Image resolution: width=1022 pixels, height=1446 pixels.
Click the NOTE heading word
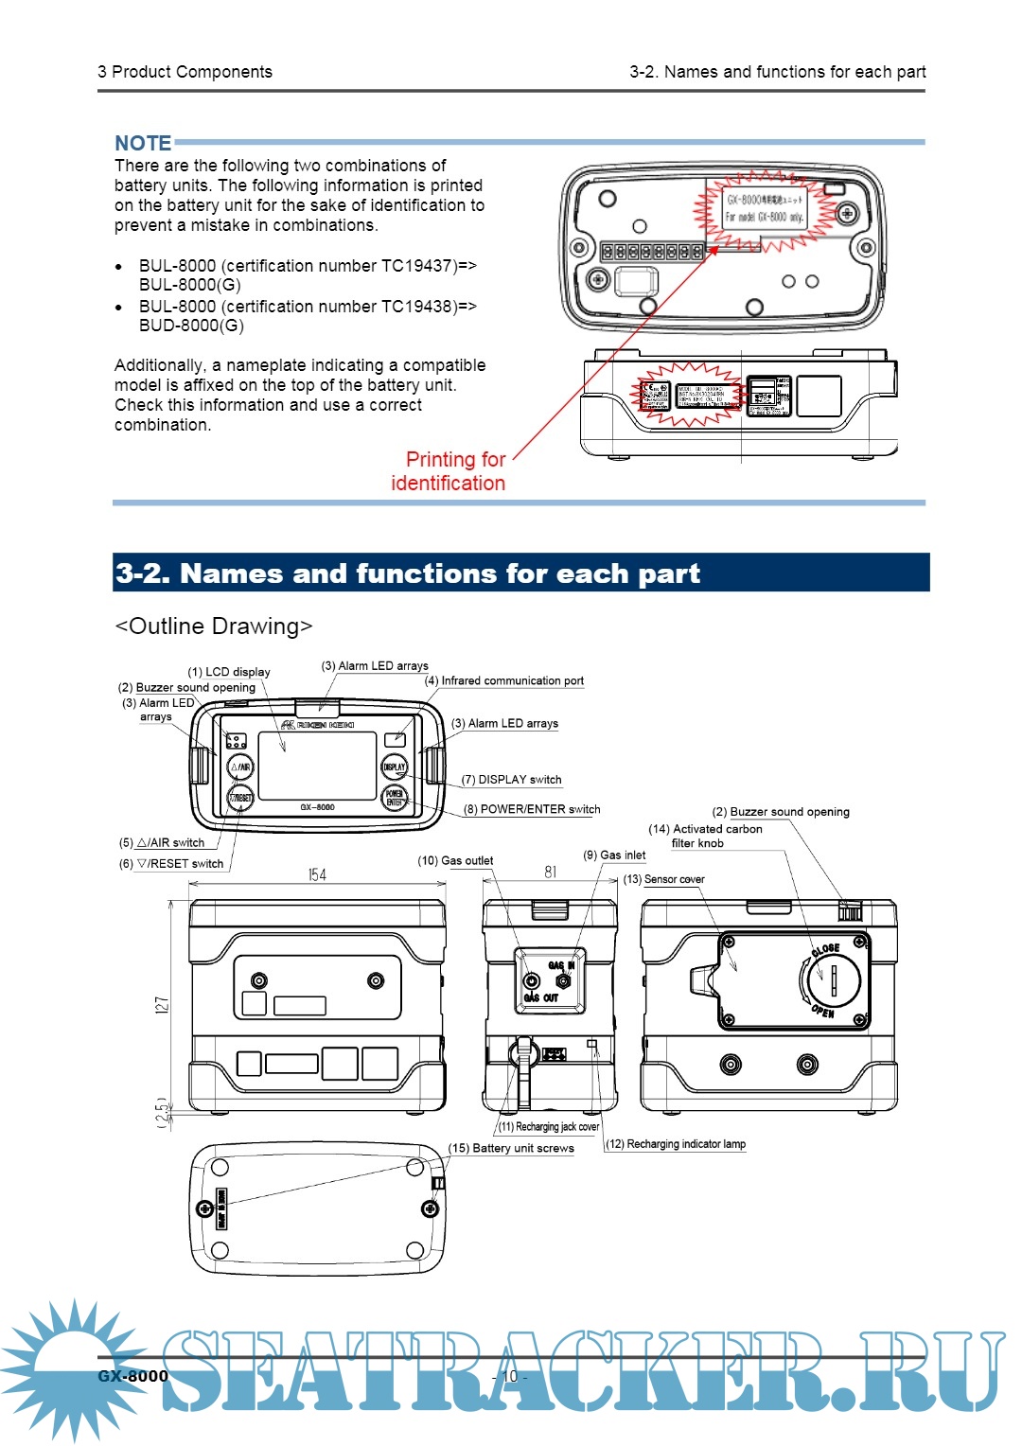click(x=143, y=143)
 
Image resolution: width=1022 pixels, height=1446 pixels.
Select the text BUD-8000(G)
click(x=191, y=326)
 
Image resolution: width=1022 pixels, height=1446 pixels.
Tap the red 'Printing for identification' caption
click(x=449, y=471)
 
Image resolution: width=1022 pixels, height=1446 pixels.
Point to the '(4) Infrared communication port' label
click(x=504, y=680)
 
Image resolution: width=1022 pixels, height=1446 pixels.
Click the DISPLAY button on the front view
click(x=394, y=767)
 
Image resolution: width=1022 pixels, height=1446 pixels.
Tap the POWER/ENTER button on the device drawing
click(x=394, y=798)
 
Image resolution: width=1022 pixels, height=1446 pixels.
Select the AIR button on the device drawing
click(x=240, y=767)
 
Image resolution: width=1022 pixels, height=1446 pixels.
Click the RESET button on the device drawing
click(x=240, y=798)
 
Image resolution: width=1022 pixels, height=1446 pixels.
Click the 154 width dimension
click(x=317, y=874)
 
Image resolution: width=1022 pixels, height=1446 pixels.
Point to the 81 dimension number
click(x=551, y=872)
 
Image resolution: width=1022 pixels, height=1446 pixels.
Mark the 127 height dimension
click(x=162, y=1005)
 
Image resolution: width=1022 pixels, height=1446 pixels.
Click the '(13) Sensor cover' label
click(x=663, y=879)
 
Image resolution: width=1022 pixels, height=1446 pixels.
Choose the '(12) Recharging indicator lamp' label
click(x=676, y=1144)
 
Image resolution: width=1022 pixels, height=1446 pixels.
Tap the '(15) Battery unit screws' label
click(x=511, y=1148)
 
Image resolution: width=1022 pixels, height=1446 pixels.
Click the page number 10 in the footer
click(x=510, y=1376)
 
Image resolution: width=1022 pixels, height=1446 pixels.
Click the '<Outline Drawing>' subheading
click(x=213, y=626)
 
